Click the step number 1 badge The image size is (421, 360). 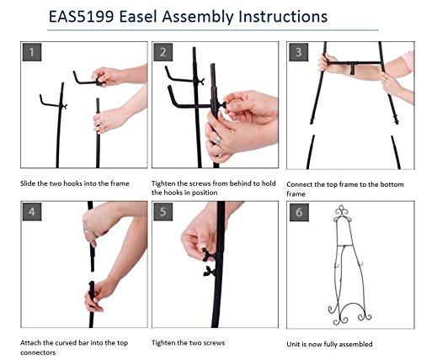tap(32, 52)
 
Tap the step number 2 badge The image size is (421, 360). tap(163, 52)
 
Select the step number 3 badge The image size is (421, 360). tap(299, 52)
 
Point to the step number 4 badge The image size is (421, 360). tap(32, 212)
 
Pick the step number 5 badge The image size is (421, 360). tap(163, 212)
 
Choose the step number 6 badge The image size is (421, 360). tap(299, 212)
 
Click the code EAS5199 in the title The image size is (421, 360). tap(81, 17)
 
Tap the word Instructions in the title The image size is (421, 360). tap(283, 17)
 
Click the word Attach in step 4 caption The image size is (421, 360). tap(30, 343)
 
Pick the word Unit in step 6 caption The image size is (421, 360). tap(292, 344)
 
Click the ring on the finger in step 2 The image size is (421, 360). tap(217, 140)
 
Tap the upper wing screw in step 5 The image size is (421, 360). tap(208, 255)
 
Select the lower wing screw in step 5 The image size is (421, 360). tap(210, 272)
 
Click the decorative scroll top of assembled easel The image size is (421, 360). tap(342, 214)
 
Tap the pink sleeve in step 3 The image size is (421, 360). tap(408, 61)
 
